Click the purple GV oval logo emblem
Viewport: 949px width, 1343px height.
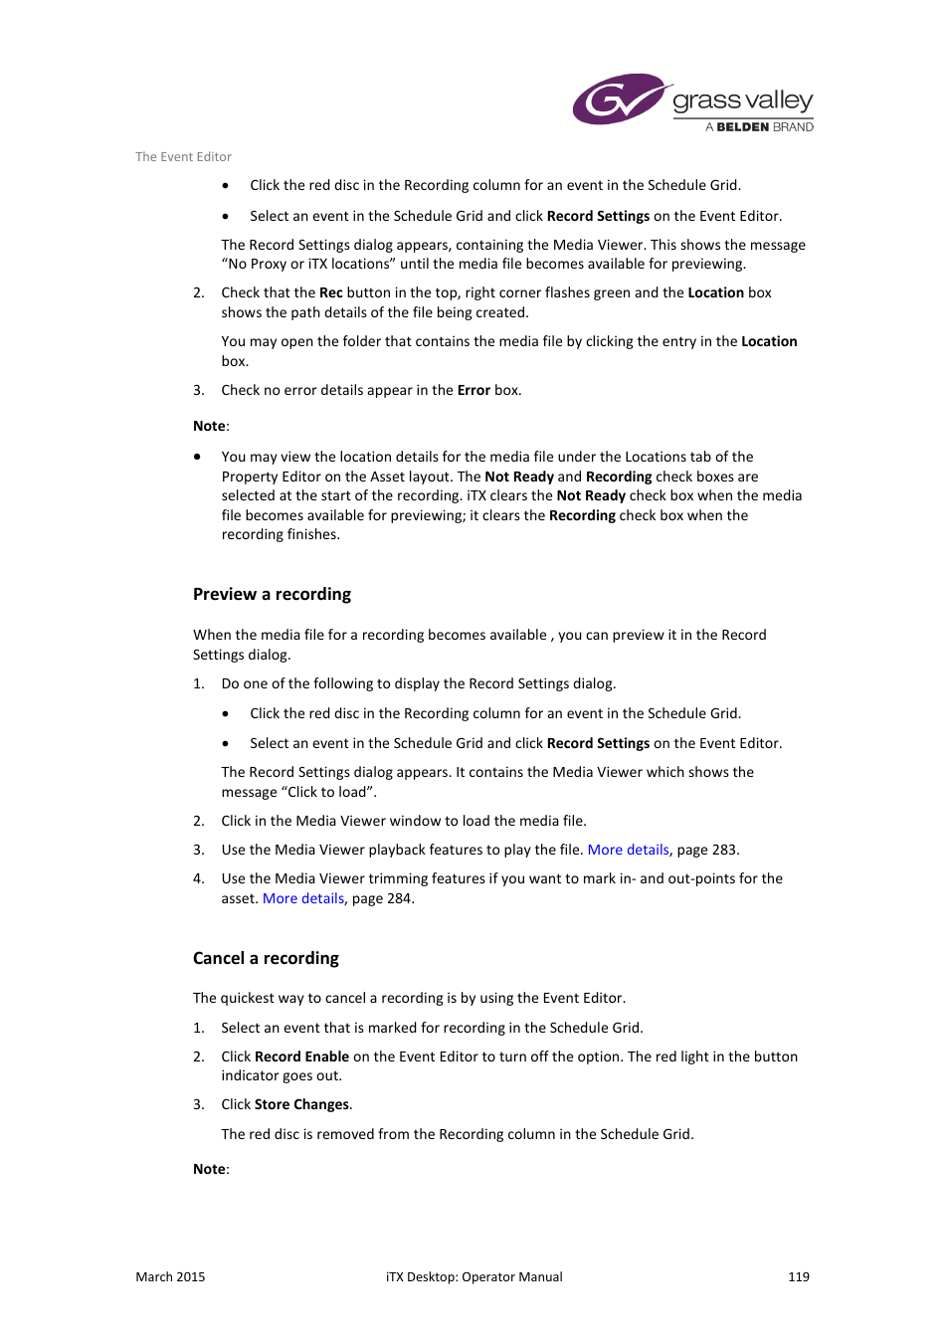[617, 98]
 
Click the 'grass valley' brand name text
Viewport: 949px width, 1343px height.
[742, 100]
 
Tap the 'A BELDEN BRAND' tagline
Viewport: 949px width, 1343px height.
[759, 127]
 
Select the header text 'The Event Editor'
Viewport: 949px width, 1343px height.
[183, 157]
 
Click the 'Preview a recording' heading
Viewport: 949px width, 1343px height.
[272, 594]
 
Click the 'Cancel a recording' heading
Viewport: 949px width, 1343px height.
[266, 958]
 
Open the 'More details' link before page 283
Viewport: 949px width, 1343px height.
[628, 850]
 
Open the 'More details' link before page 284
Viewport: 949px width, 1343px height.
[303, 898]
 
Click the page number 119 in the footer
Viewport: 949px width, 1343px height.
[798, 1276]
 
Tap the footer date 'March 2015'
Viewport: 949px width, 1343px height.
[170, 1276]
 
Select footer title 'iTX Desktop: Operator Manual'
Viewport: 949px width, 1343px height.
[474, 1276]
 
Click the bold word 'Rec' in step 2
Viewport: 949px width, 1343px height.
[330, 292]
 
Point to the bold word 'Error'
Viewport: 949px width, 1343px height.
[474, 390]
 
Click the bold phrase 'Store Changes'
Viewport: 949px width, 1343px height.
[301, 1104]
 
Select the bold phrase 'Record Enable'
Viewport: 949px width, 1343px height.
[301, 1056]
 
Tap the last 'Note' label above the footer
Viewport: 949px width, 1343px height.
[209, 1169]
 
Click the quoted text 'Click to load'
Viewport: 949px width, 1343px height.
[327, 792]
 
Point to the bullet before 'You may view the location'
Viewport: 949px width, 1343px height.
[197, 457]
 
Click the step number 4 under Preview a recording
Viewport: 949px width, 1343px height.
[198, 878]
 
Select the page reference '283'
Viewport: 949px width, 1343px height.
[723, 850]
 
